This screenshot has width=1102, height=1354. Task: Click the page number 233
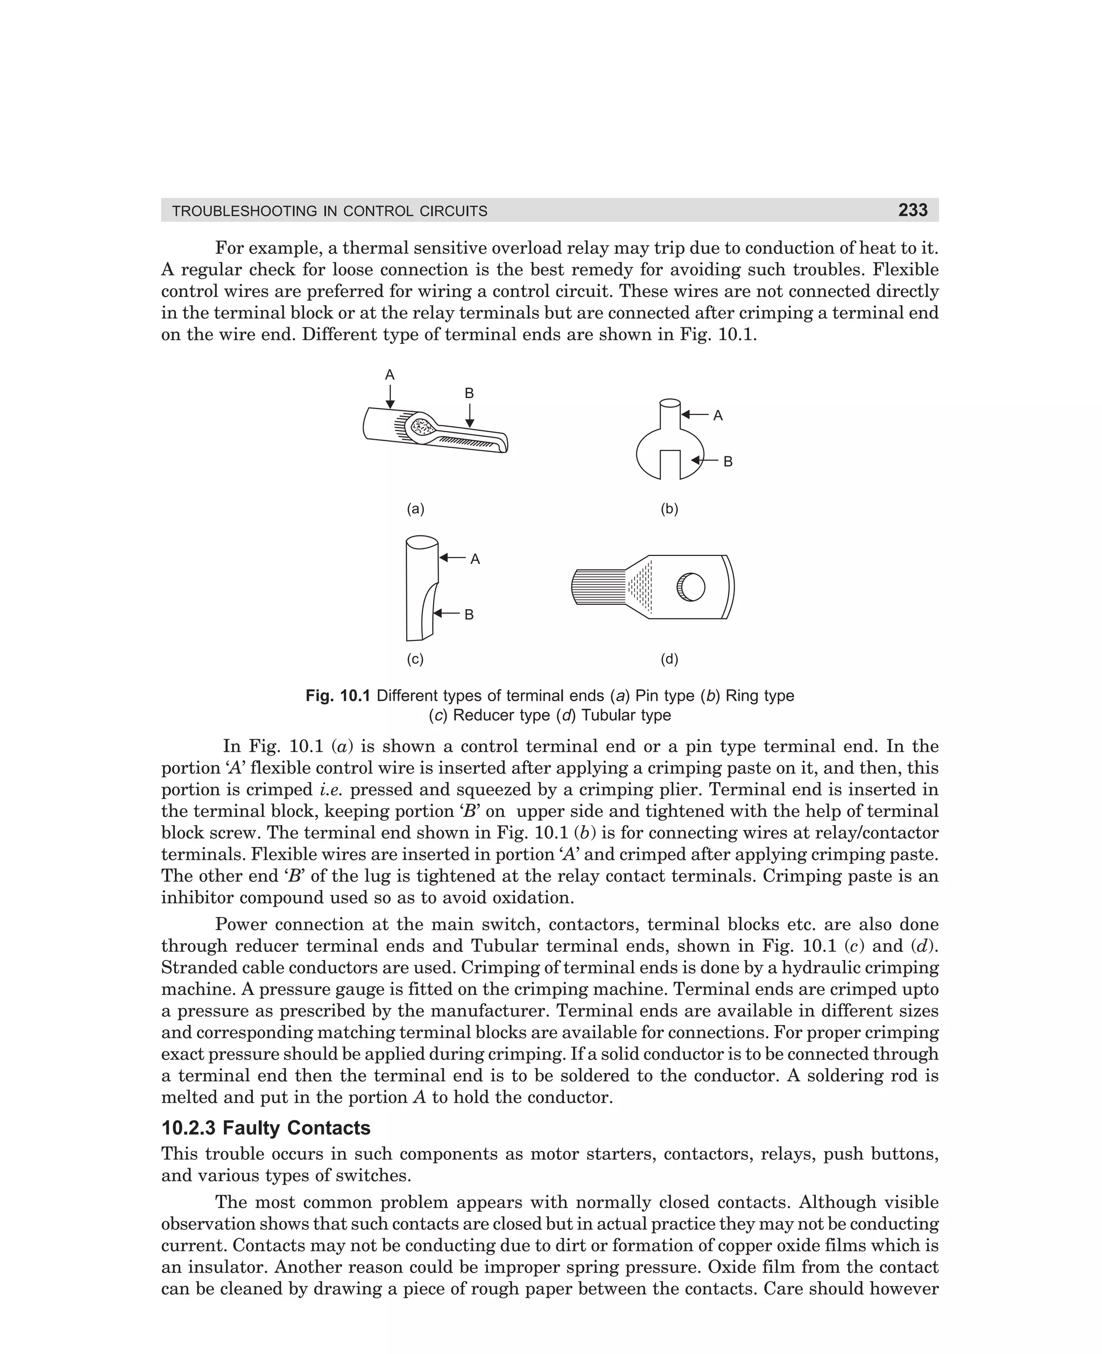click(x=912, y=210)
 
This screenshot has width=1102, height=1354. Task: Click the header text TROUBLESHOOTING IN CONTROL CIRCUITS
click(x=329, y=211)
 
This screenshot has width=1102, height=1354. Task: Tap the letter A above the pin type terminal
click(x=390, y=375)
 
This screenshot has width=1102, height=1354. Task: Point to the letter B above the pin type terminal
click(x=469, y=393)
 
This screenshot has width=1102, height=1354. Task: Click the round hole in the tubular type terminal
click(x=691, y=587)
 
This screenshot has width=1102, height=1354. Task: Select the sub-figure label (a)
click(x=415, y=509)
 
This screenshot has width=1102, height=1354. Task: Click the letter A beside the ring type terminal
click(x=718, y=416)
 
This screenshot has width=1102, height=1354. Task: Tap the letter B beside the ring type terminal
click(x=728, y=462)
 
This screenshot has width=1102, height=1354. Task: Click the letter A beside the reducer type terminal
click(x=475, y=559)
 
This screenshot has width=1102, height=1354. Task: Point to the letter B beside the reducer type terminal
click(x=469, y=615)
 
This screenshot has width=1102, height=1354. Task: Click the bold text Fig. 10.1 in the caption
click(x=338, y=696)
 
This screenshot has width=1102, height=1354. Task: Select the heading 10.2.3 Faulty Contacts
click(x=266, y=1128)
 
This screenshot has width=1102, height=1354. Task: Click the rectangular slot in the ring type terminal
click(x=670, y=464)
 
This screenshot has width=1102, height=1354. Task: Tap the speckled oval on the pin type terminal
click(x=421, y=427)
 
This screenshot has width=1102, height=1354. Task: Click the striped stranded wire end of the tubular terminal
click(x=598, y=587)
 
